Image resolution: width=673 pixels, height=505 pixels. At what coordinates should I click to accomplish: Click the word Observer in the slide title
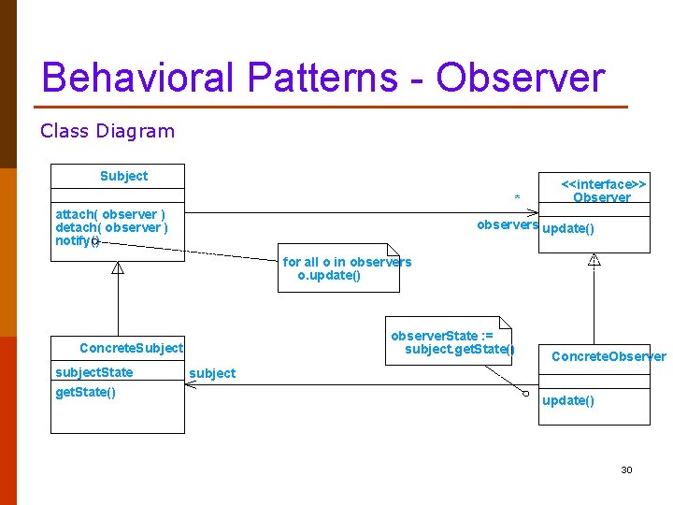521,78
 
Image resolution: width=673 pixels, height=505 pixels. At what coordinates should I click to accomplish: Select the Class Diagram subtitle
107,131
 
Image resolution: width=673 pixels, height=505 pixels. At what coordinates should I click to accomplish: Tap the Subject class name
123,176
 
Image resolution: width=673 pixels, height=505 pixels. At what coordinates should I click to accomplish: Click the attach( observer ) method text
110,214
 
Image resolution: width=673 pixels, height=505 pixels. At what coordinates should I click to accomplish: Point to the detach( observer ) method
112,227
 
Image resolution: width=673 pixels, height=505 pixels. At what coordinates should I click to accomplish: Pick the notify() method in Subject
77,241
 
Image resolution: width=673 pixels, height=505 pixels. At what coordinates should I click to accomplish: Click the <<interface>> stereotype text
603,184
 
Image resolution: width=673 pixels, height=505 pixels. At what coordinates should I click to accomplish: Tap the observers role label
507,224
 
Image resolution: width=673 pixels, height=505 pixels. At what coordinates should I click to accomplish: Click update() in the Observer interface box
568,229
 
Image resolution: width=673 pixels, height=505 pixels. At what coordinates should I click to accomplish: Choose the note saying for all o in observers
347,268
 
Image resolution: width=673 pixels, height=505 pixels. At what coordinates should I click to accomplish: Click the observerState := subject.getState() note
451,342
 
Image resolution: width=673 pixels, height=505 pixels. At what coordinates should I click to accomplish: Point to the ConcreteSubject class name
131,348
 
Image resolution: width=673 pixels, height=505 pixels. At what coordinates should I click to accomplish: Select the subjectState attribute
94,372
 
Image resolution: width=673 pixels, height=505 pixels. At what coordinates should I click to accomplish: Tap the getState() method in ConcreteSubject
86,392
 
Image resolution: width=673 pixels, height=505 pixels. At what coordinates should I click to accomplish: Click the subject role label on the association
212,373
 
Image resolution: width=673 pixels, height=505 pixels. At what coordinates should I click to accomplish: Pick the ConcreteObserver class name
609,356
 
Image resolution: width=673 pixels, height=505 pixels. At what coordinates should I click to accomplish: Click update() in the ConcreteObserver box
568,400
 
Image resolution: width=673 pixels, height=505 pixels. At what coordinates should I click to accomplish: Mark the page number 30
626,469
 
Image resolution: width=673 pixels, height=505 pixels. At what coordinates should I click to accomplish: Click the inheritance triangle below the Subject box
118,268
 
